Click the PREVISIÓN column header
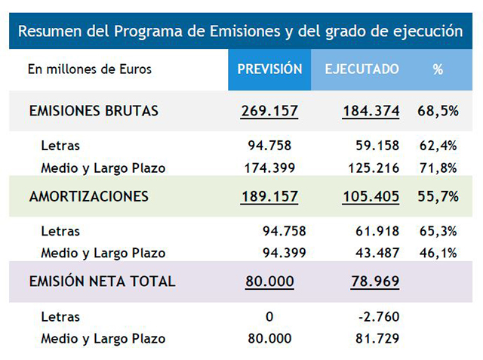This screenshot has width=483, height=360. tap(269, 69)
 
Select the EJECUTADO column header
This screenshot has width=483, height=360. tap(362, 69)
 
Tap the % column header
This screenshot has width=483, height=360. tap(438, 69)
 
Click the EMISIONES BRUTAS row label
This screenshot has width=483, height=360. tap(94, 111)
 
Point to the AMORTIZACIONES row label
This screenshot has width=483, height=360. tap(89, 196)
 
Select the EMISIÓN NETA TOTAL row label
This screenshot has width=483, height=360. tap(102, 282)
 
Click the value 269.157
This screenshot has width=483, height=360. tap(269, 112)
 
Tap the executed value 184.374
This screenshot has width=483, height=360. tap(371, 112)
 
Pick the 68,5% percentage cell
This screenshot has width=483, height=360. tap(438, 112)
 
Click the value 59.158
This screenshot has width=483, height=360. tap(377, 146)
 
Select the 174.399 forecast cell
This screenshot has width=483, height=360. tap(269, 168)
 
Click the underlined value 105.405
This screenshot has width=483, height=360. tap(371, 197)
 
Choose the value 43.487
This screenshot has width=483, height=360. tap(377, 253)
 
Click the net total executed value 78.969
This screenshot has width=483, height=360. tap(374, 282)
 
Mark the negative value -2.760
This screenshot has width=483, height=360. tap(379, 316)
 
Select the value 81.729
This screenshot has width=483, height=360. tap(377, 338)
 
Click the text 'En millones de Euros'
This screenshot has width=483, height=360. tap(90, 69)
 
